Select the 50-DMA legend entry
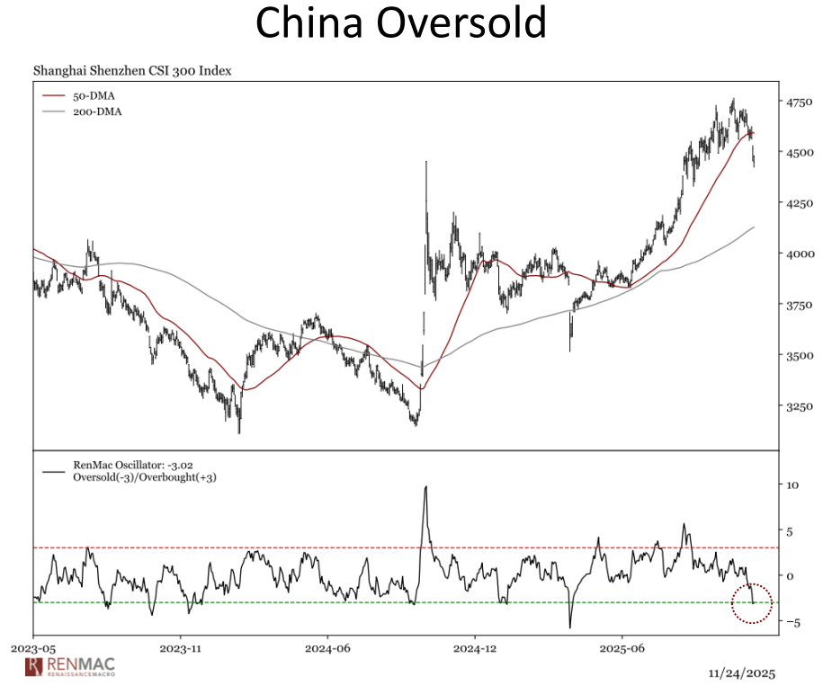[x=94, y=95]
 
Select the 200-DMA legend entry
[x=97, y=112]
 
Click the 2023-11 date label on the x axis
[x=181, y=646]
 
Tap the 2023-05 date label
[x=33, y=646]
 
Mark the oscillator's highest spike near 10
[x=425, y=488]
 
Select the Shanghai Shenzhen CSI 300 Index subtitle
[x=133, y=69]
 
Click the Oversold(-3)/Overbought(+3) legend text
[x=145, y=477]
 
